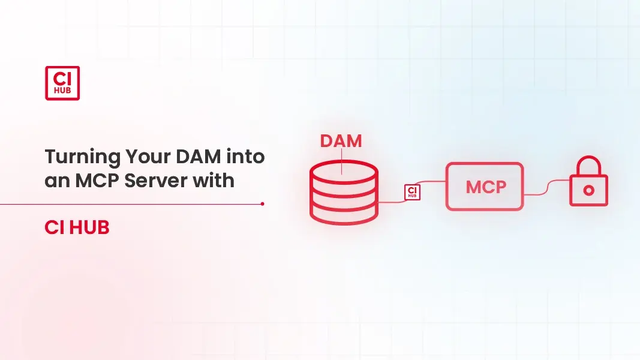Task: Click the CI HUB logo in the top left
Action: [62, 83]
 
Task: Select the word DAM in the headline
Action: [194, 157]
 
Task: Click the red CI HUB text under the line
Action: [77, 228]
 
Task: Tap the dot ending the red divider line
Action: [263, 204]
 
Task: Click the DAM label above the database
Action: [341, 141]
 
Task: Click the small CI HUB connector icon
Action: [413, 192]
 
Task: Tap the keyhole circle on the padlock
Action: [588, 190]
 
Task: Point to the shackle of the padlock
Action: [588, 165]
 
